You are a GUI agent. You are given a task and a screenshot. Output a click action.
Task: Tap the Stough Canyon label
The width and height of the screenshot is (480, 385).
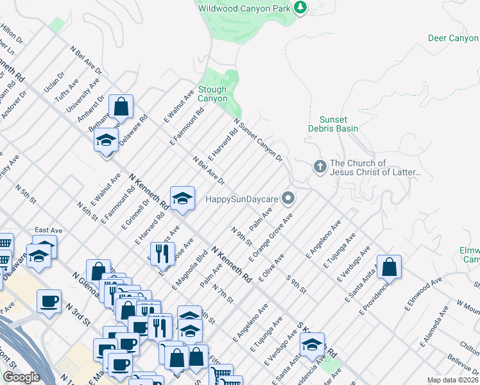[x=212, y=94]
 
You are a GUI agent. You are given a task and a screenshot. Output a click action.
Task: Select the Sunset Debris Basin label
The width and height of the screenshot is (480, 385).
[x=338, y=124]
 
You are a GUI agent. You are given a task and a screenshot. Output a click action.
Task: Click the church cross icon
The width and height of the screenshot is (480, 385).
[x=320, y=167]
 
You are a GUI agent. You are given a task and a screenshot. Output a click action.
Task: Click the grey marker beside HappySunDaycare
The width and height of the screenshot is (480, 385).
[x=289, y=198]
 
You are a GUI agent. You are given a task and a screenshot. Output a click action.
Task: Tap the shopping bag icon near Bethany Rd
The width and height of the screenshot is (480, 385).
[x=121, y=106]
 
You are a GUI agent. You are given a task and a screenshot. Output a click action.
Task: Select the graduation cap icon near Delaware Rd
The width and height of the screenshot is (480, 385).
[x=106, y=139]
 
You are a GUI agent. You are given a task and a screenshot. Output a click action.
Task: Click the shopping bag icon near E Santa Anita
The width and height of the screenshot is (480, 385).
[x=389, y=266]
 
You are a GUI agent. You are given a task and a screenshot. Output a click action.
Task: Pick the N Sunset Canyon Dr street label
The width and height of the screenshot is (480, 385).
[x=258, y=139]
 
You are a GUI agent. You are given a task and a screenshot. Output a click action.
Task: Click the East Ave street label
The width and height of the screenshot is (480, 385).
[x=48, y=230]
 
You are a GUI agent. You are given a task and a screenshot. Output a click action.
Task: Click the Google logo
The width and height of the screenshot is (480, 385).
[x=21, y=377]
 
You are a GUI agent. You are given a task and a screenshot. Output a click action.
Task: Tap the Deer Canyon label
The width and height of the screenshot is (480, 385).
[x=453, y=38]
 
